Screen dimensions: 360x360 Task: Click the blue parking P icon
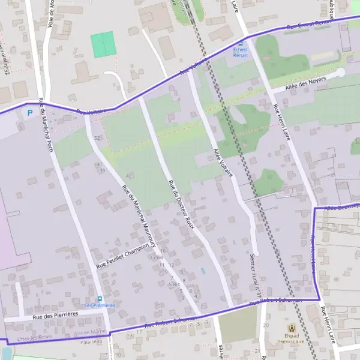tap(28, 113)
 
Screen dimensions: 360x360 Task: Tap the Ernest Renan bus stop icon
tap(241, 44)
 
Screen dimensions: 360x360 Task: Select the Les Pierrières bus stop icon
tap(100, 298)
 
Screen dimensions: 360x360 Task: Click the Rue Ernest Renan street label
tap(309, 24)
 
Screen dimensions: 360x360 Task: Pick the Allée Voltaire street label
tap(223, 161)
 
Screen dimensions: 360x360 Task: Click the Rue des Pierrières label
tap(56, 315)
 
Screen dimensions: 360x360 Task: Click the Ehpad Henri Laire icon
tap(292, 328)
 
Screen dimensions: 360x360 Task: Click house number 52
tap(97, 138)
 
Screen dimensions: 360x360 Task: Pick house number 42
tap(129, 175)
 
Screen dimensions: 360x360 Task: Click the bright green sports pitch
tap(103, 44)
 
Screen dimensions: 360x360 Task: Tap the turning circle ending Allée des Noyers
tap(340, 73)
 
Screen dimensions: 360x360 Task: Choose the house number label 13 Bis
tap(156, 257)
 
